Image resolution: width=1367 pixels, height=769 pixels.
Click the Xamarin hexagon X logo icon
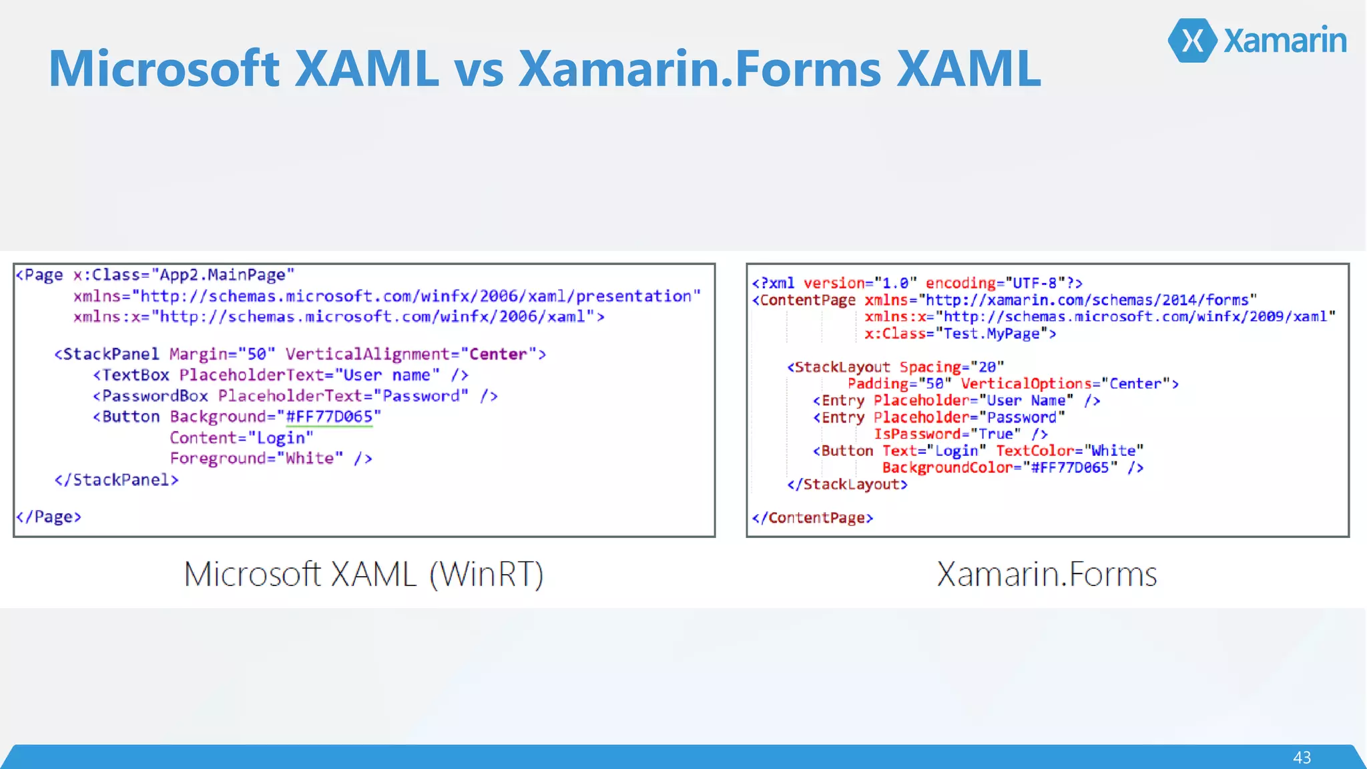tap(1193, 41)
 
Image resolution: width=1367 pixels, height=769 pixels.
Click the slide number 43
tap(1302, 758)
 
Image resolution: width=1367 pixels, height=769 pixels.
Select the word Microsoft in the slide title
tap(164, 69)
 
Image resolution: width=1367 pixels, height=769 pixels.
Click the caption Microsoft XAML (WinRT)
tap(364, 574)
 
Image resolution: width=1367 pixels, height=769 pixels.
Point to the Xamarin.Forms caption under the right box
tap(1047, 574)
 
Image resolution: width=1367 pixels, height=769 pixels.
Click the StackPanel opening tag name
tap(111, 354)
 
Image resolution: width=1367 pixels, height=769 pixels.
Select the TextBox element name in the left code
tap(135, 375)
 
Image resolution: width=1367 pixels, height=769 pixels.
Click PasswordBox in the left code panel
tap(155, 396)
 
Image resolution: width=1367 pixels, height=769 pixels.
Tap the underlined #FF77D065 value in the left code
tap(329, 417)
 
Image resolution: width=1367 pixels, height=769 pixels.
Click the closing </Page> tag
tap(49, 517)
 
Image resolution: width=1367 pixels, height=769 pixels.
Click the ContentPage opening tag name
tap(808, 300)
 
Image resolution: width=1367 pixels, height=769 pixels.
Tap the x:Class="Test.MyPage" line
tap(960, 334)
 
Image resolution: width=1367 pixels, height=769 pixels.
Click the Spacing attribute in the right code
tap(930, 367)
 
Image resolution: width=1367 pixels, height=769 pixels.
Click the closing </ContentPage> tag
tap(812, 518)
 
